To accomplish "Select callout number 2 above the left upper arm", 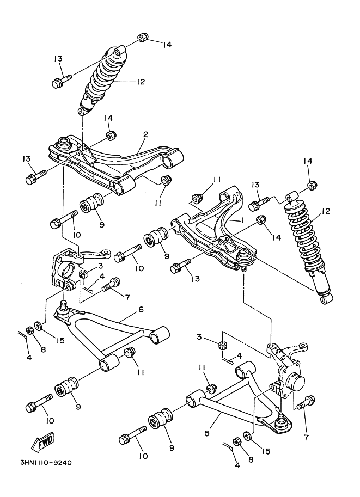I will pyautogui.click(x=145, y=134).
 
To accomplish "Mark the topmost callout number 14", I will pyautogui.click(x=167, y=44).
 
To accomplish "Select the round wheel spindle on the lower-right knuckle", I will pyautogui.click(x=299, y=381).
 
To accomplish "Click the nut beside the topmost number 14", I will pyautogui.click(x=142, y=38).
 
